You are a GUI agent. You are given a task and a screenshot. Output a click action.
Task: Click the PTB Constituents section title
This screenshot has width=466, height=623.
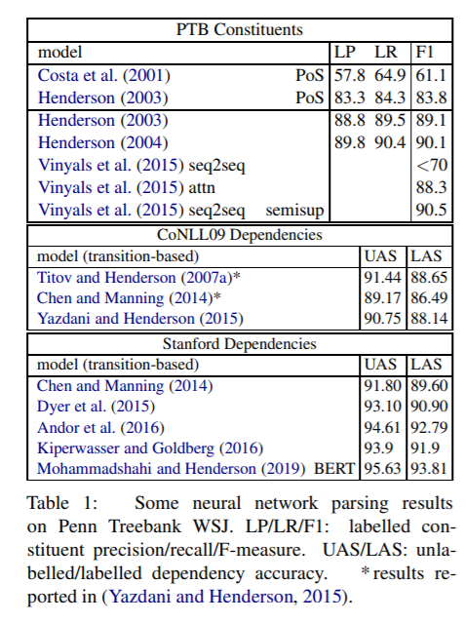[x=239, y=30]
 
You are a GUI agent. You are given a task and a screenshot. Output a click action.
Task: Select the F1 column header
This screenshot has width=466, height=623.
[x=424, y=52]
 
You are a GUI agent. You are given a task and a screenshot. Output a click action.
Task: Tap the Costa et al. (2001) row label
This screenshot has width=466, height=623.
[x=104, y=75]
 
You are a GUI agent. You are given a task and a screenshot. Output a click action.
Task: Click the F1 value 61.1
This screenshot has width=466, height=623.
[x=431, y=75]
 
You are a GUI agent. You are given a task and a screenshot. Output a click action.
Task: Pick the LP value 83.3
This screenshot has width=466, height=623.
[x=349, y=97]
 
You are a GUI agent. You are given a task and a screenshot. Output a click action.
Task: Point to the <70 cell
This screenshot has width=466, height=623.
[x=432, y=165]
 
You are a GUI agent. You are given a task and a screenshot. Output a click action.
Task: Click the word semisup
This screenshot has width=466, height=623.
[x=294, y=211]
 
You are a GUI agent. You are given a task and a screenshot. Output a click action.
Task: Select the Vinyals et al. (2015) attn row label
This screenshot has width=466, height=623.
[x=127, y=187]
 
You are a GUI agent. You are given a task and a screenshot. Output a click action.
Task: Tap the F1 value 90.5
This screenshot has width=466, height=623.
[x=432, y=210]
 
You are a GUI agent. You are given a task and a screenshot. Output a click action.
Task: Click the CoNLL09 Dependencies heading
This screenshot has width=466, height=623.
[x=240, y=235]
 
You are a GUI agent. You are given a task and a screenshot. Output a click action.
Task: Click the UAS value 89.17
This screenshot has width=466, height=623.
[x=382, y=297]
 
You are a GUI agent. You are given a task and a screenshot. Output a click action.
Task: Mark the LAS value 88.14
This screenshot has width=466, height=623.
[x=429, y=318]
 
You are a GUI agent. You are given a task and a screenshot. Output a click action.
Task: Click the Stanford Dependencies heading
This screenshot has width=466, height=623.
[x=239, y=344]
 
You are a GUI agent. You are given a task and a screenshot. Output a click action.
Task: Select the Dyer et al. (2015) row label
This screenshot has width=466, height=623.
[x=96, y=407]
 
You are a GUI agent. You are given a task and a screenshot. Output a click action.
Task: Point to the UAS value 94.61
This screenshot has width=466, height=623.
[x=382, y=427]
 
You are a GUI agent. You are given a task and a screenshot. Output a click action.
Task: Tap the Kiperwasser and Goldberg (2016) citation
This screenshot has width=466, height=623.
[x=150, y=448]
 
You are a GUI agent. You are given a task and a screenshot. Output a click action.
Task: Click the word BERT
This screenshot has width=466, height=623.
[x=334, y=469]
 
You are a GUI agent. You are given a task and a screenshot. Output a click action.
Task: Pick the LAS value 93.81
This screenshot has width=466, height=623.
[x=429, y=468]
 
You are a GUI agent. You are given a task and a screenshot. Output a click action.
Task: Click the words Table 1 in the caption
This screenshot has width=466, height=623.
[x=62, y=503]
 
